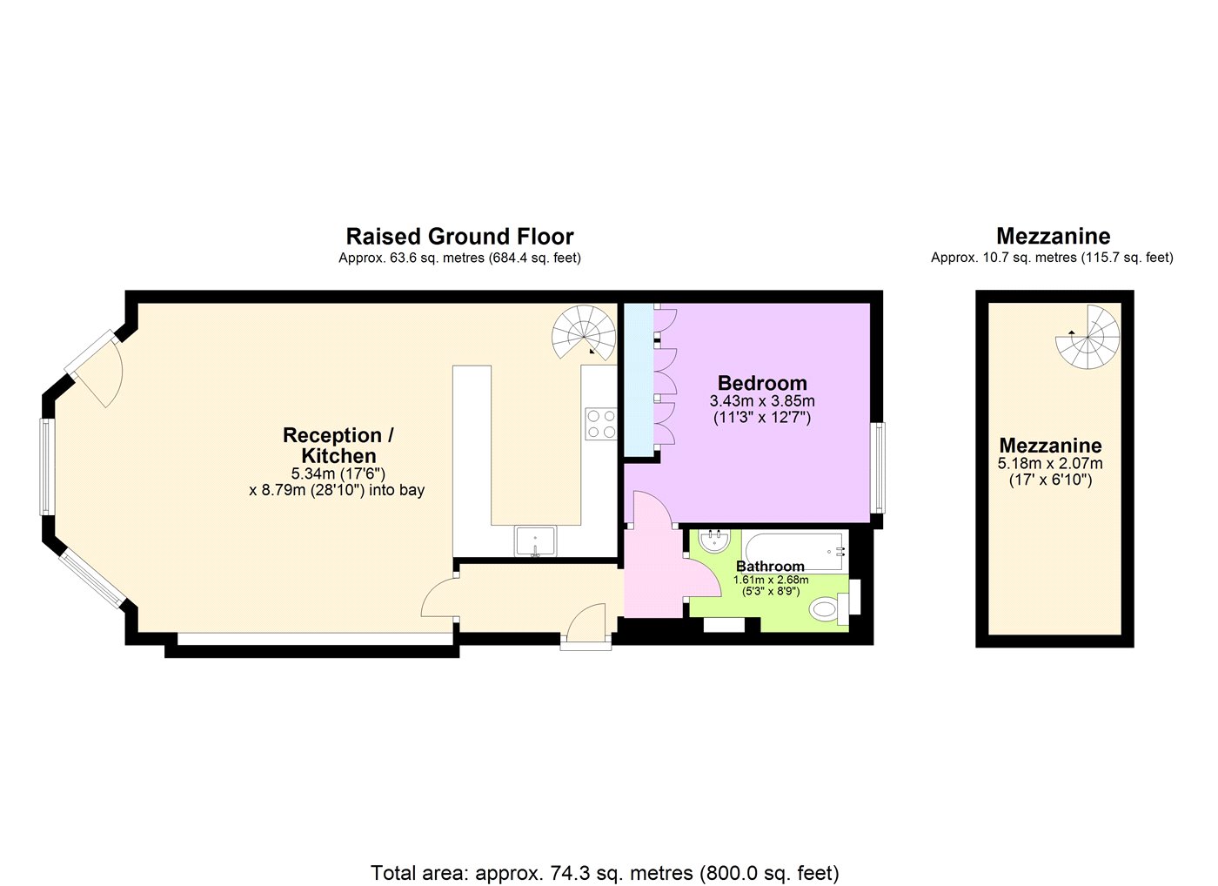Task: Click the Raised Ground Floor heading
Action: (x=460, y=237)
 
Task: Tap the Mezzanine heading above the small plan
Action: (x=1054, y=236)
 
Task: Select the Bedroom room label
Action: (x=762, y=383)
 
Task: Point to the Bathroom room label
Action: (x=770, y=567)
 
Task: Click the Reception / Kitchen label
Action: (x=338, y=446)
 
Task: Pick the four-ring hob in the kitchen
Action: (x=601, y=424)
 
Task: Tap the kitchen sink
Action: (x=536, y=541)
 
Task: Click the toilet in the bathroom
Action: (x=830, y=608)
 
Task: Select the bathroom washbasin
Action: (x=714, y=540)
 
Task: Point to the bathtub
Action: (x=795, y=551)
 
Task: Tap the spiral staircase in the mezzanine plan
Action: (x=1087, y=337)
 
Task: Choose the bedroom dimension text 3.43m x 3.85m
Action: (x=762, y=401)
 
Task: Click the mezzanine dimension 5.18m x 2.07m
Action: (x=1050, y=463)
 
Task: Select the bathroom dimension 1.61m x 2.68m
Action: (x=771, y=580)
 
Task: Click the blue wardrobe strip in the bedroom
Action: (x=639, y=380)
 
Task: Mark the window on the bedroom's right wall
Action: (x=878, y=467)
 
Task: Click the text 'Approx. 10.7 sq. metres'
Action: (x=1004, y=258)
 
